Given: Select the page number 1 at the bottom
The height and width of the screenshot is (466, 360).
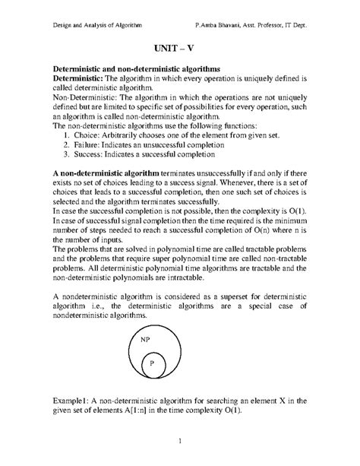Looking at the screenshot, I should click(178, 440).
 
